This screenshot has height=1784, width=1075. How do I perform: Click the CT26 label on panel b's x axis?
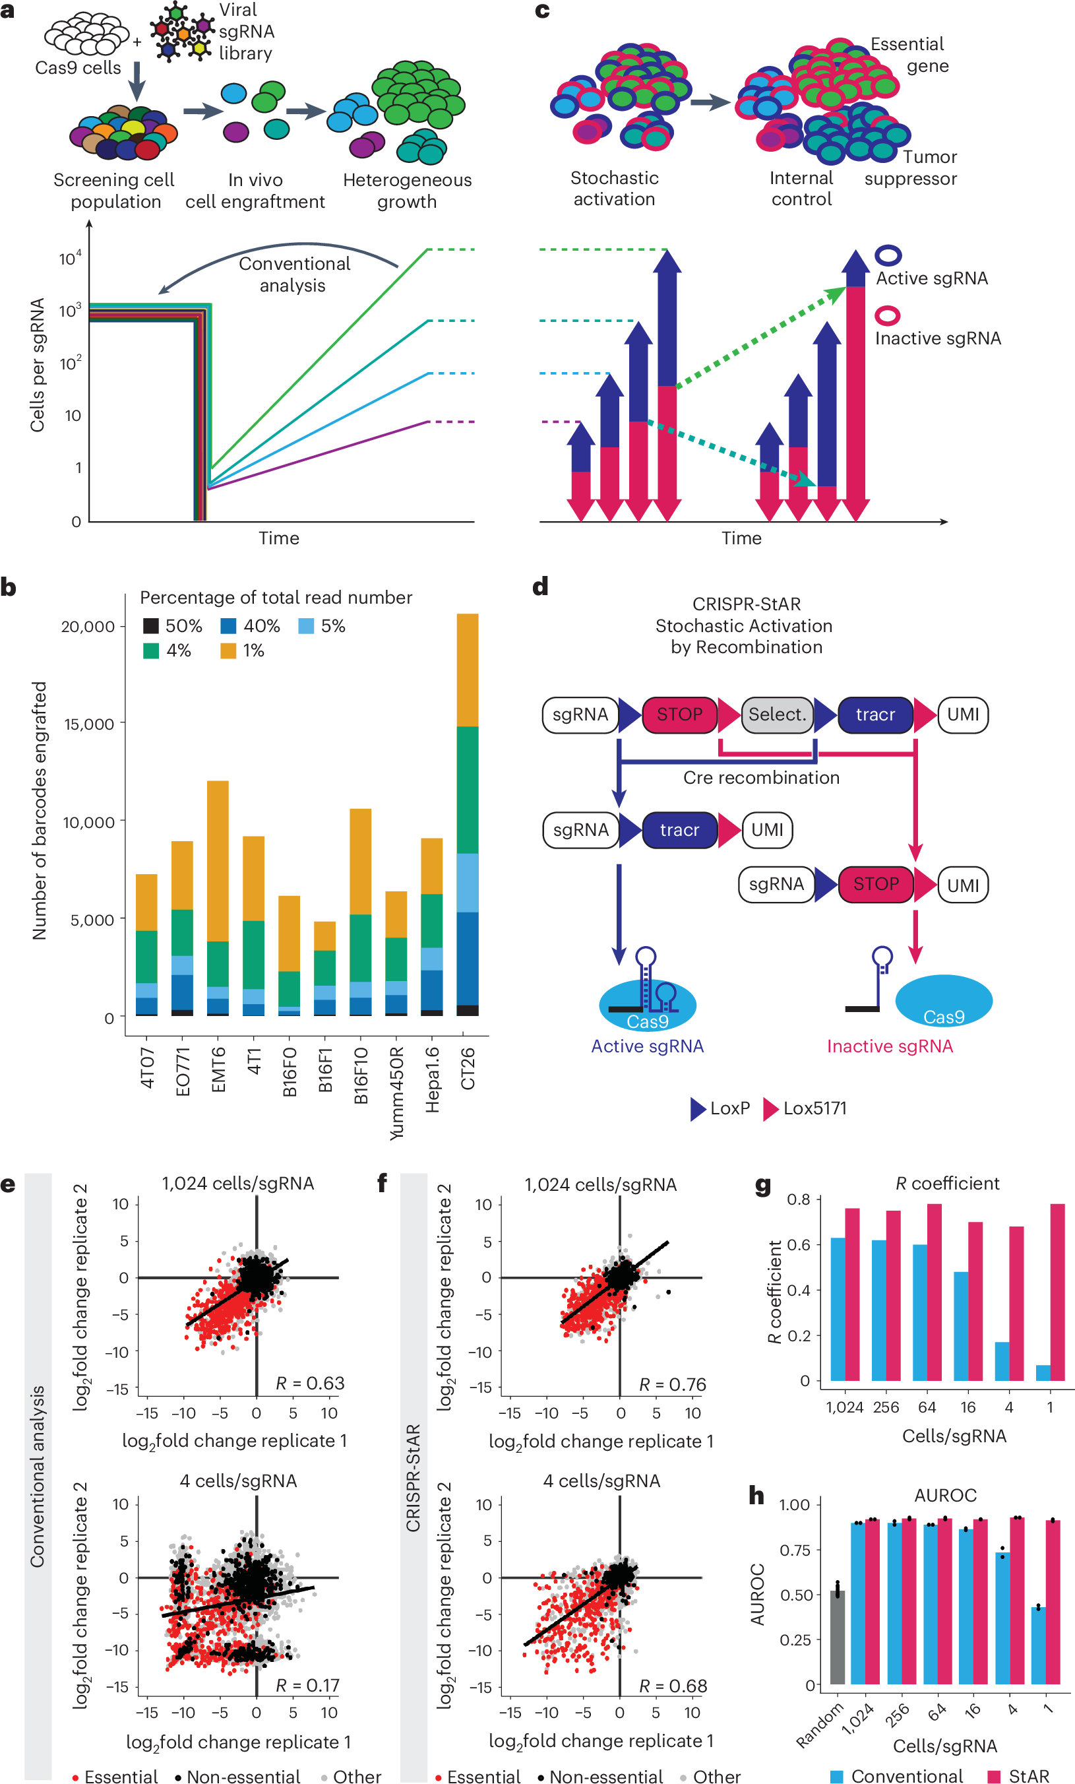pos(468,1068)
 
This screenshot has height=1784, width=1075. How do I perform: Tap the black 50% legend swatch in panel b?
pos(150,625)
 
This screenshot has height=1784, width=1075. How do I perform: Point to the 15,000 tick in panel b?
pos(89,723)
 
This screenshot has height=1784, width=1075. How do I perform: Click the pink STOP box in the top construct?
pos(679,715)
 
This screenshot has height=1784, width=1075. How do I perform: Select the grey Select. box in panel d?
pos(777,715)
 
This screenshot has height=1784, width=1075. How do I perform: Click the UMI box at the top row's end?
pos(963,715)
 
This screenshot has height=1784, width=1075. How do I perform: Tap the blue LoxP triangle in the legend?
pos(698,1108)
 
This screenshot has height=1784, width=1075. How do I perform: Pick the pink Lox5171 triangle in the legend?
pos(771,1108)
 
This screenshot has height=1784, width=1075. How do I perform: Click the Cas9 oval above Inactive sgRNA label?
pos(943,1002)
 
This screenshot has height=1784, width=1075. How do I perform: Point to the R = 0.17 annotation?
pos(307,1685)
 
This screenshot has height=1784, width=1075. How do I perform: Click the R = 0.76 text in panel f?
pos(673,1384)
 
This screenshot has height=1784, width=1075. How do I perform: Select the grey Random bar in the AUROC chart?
pos(838,1638)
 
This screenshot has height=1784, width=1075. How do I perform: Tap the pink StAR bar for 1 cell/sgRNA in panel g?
pos(1057,1292)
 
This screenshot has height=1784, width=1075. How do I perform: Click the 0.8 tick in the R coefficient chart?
pos(799,1199)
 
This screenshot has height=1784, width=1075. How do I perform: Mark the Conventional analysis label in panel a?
pos(294,274)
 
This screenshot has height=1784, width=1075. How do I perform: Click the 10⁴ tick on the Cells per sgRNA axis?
pos(70,259)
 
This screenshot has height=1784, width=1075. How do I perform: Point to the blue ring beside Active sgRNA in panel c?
pos(888,255)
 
